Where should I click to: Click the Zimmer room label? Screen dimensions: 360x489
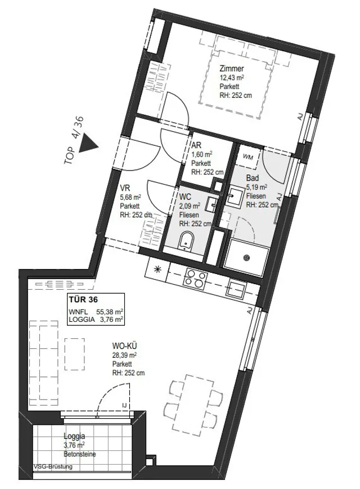coord(232,68)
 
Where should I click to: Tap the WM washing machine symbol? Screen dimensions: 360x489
coord(248,157)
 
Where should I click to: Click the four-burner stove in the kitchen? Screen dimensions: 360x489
coord(195,279)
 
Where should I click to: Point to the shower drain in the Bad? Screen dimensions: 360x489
coord(247,258)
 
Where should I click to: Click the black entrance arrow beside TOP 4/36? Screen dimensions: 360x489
coord(89,145)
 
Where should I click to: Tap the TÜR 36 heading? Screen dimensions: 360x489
coord(83,300)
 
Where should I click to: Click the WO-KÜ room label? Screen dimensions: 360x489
coord(125,346)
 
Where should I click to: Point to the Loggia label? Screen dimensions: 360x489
coord(74,437)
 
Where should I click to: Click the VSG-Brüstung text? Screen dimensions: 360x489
coord(53,466)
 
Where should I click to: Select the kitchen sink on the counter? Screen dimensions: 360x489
coord(236,288)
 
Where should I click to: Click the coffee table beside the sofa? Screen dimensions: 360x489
coord(74,355)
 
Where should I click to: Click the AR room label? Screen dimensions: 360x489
coord(197,145)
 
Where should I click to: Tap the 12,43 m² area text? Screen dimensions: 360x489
coord(232,78)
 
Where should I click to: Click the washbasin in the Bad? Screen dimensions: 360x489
coord(233,195)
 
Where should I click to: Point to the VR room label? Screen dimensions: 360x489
coord(125,188)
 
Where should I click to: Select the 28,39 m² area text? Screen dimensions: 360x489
coord(125,355)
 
